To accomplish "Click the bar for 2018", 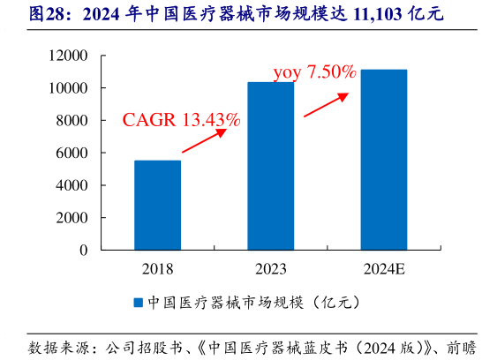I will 157,205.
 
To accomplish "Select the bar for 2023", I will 270,166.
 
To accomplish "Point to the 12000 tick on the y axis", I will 70,56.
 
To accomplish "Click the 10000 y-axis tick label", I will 70,88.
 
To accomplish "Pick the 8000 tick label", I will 73,121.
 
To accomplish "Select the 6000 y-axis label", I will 73,154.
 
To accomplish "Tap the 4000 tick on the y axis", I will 73,185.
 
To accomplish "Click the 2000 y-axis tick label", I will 73,218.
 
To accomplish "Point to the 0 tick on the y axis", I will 84,251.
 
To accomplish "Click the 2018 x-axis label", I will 157,268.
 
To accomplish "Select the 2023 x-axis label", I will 270,268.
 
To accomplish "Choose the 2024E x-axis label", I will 383,268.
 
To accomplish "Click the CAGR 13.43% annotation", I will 181,118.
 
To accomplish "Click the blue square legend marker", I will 138,303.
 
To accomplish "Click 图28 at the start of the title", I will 26,15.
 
